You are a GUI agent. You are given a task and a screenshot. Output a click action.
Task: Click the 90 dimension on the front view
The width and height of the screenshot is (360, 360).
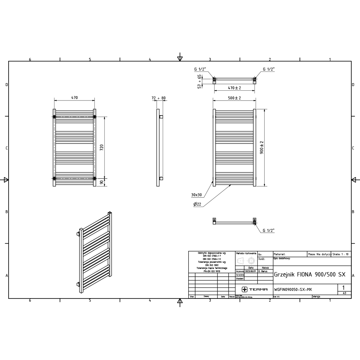point(102,182)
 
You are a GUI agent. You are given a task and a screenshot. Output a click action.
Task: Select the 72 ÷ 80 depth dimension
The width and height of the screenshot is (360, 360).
point(158,98)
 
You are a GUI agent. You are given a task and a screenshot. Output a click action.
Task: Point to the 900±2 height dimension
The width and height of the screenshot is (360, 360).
point(262,147)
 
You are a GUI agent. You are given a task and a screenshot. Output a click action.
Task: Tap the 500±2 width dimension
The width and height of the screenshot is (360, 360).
point(234,98)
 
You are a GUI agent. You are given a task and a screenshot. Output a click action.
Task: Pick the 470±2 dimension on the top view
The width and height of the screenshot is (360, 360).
point(234,88)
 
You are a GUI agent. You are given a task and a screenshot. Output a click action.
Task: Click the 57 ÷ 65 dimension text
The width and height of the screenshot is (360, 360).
point(199,81)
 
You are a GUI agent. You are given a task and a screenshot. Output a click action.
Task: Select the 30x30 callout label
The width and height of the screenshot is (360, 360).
point(197,195)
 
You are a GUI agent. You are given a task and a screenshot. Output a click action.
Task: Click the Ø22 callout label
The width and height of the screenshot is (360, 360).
point(197,204)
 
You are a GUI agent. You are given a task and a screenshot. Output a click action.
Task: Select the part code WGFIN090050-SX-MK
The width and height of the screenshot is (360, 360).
point(293,289)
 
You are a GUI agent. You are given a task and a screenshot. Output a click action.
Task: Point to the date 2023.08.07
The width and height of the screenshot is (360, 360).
point(250,271)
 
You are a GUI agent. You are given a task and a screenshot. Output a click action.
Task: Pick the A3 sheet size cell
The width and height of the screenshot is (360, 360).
point(345,293)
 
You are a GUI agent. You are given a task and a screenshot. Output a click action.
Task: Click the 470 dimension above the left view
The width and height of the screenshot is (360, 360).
point(75,98)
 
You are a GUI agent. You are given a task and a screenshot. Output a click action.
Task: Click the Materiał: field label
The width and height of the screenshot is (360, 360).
point(280,254)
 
